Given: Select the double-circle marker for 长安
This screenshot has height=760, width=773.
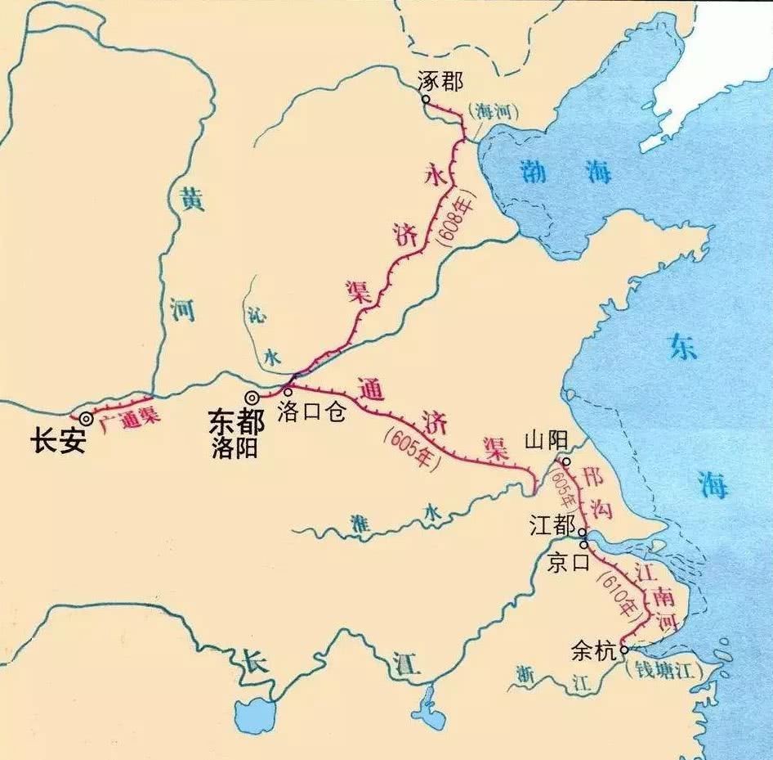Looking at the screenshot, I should [x=86, y=418].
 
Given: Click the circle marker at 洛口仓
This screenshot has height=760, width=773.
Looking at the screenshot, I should [x=288, y=392].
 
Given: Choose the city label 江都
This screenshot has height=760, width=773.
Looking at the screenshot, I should [x=552, y=524].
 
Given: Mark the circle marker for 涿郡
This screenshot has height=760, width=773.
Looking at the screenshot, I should [x=426, y=100].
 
